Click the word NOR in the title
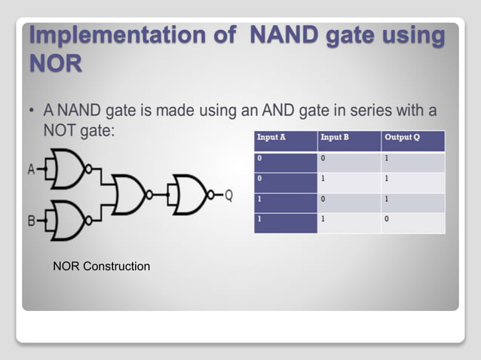click(55, 64)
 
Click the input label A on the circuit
click(32, 170)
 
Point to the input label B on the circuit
click(32, 221)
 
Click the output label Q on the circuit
click(229, 196)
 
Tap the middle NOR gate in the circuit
click(130, 195)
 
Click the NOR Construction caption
click(101, 267)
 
